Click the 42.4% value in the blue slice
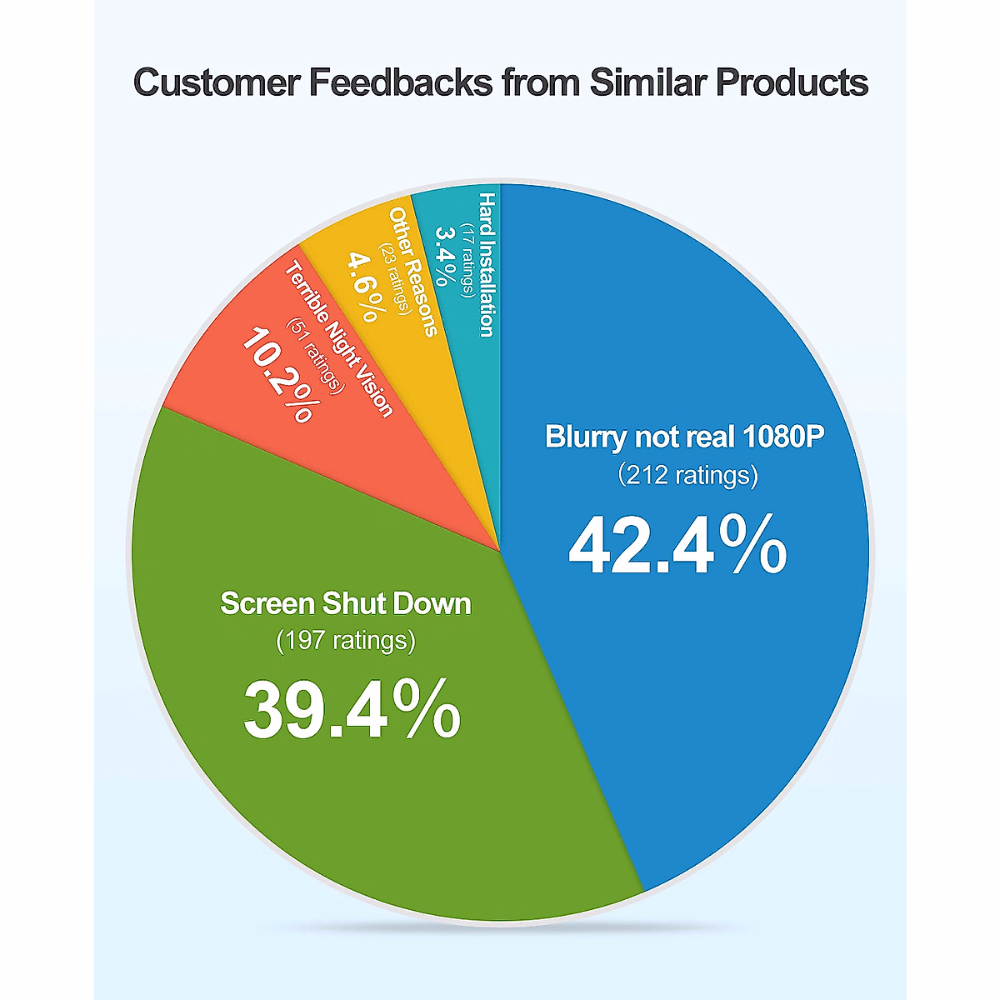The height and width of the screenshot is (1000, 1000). [x=677, y=546]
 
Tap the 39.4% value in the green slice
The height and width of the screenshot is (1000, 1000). [x=352, y=711]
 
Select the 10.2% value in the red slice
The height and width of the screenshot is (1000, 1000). [x=277, y=375]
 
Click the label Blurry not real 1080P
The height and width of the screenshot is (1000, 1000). [x=684, y=437]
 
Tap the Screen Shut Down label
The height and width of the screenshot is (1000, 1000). [x=345, y=603]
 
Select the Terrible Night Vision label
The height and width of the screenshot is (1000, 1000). [x=338, y=338]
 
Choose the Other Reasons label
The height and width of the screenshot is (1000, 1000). [x=412, y=272]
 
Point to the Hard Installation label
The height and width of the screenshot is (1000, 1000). [x=487, y=264]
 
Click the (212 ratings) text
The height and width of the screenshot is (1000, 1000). [x=687, y=475]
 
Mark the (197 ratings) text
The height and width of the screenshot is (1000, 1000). [x=345, y=641]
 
